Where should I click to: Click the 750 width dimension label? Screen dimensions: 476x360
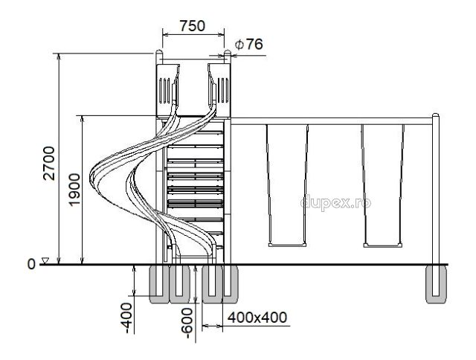coord(193,26)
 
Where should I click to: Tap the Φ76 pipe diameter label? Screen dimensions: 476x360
coord(248,45)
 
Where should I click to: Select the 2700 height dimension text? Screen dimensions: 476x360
coord(49,164)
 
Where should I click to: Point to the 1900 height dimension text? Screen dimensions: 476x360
coord(74,190)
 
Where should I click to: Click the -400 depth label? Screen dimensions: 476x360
coord(128,318)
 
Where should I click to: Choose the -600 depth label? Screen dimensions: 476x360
coord(187,323)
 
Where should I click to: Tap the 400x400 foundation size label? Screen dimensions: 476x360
coord(257,318)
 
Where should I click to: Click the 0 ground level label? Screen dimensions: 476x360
coord(31,264)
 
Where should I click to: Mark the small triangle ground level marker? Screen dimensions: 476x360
coord(45,260)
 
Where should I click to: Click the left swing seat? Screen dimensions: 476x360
coord(287,245)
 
